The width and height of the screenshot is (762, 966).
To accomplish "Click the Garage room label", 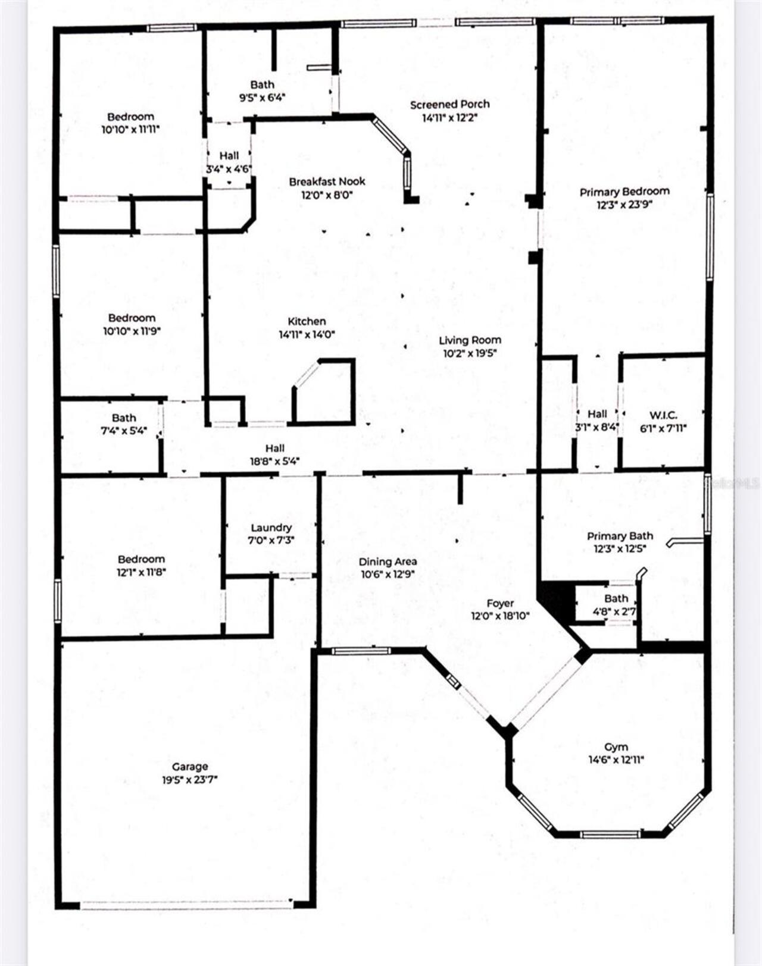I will [190, 767].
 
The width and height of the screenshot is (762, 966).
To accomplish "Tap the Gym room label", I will [616, 747].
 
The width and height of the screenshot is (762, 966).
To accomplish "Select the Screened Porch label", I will [450, 105].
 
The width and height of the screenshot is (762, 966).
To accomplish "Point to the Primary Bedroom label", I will [624, 192].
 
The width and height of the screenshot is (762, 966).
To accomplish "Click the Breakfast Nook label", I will [327, 181].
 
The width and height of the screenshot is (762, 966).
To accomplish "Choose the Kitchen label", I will [307, 321].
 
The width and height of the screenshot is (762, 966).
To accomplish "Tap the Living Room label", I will [470, 340].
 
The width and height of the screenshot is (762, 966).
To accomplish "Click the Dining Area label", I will [388, 562].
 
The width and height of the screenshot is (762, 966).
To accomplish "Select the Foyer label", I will [500, 603].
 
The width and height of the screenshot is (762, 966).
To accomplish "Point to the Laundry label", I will [271, 528].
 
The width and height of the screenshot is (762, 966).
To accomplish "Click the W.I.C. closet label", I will [663, 415].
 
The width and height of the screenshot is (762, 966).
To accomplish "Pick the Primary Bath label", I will [620, 536].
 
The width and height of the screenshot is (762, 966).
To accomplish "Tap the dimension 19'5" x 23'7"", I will [190, 780].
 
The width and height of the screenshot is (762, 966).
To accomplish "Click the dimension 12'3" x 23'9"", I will [624, 205].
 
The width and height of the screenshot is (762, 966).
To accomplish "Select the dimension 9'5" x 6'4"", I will [263, 98].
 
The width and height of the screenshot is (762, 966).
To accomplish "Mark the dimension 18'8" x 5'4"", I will [274, 461].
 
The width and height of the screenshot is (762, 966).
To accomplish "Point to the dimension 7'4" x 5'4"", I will [124, 431].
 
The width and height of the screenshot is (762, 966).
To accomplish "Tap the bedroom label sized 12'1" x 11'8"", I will [141, 559].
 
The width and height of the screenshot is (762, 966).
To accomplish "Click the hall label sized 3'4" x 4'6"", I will [229, 156].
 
